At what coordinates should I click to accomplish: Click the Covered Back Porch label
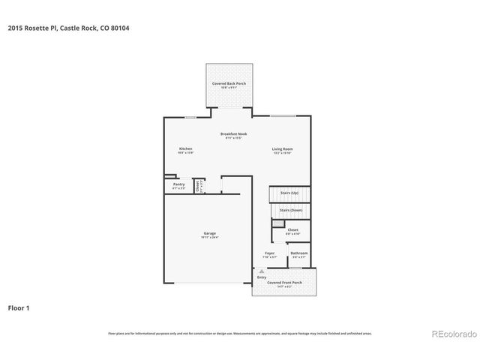coord(229,84)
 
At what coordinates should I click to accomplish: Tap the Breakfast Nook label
coord(233,135)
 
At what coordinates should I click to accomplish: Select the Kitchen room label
coord(185,149)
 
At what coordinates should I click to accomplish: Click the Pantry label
coord(178,184)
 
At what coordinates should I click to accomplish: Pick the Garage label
coord(209,234)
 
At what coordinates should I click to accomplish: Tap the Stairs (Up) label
coord(289,193)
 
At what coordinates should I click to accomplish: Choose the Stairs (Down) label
coord(289,211)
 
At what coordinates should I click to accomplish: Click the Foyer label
coord(270,254)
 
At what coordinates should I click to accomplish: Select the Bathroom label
coord(299,254)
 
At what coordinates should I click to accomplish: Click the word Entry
coord(261,277)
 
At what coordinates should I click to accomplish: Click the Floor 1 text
coord(19,307)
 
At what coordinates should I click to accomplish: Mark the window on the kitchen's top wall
coord(190,116)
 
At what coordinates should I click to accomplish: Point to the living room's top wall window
coord(281,116)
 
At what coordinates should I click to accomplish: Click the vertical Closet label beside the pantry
coord(198,185)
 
